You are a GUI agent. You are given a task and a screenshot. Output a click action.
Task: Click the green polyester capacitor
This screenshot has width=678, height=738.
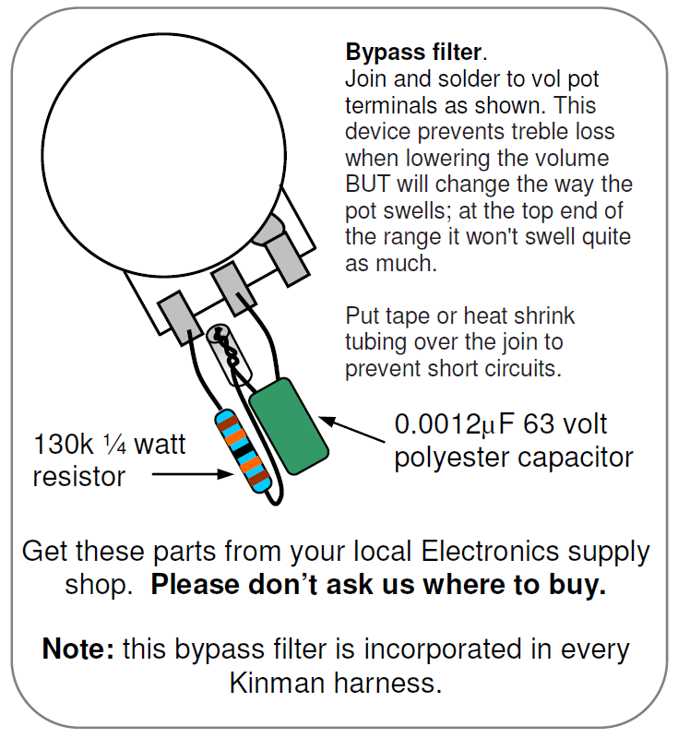[x=289, y=426]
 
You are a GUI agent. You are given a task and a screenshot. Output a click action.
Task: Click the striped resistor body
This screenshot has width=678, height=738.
[x=243, y=451]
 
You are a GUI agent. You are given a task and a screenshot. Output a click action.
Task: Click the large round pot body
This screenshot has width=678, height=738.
[x=164, y=155]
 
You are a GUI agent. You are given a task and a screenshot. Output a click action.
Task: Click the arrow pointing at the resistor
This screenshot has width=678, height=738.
[x=193, y=474]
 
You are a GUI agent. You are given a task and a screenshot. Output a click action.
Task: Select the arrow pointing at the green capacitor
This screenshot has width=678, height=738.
[x=351, y=429]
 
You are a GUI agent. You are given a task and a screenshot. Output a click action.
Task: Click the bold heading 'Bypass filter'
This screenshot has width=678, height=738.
[x=414, y=52]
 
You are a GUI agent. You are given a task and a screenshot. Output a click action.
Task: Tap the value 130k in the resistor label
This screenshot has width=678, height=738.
[x=64, y=444]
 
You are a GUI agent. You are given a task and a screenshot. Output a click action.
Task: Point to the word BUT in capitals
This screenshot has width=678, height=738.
[x=367, y=184]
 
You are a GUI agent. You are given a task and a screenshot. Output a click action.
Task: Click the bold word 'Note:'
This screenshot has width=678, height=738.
[x=77, y=649]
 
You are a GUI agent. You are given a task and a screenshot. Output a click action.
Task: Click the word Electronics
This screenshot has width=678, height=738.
[x=490, y=551]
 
